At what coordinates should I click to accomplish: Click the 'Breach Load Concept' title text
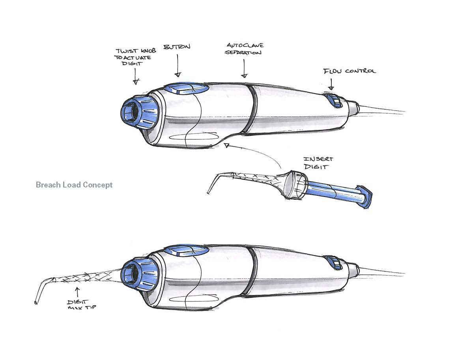coord(74,185)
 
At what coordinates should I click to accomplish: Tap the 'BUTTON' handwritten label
coord(177,47)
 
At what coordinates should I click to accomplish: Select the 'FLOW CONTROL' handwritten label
coord(350,71)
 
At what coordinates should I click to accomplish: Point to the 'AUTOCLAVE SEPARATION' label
coord(244,49)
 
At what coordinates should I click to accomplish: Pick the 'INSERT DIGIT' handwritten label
coord(318,163)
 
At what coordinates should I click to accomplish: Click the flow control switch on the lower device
coord(334,262)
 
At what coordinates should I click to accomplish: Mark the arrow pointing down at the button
coord(178,65)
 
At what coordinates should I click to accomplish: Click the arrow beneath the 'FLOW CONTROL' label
coord(331,84)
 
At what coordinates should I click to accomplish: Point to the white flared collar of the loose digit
coord(294,185)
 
